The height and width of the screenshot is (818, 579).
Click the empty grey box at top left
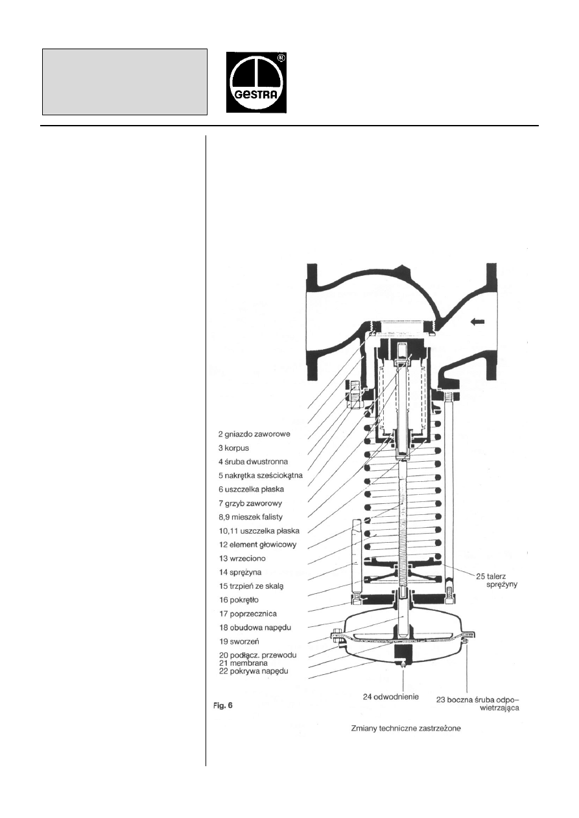pyautogui.click(x=124, y=81)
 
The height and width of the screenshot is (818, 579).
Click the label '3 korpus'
pyautogui.click(x=235, y=448)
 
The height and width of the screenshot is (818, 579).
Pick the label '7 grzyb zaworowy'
pyautogui.click(x=251, y=503)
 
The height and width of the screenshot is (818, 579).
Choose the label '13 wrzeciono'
pyautogui.click(x=242, y=558)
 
